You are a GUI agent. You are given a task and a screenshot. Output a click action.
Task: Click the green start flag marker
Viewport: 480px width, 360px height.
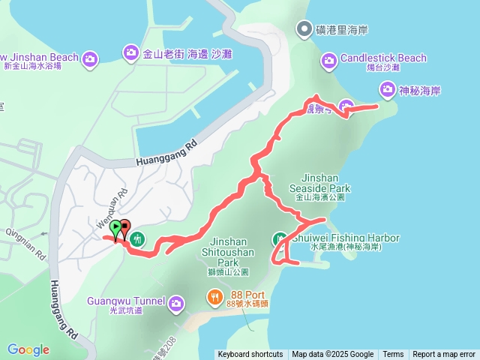(115, 227)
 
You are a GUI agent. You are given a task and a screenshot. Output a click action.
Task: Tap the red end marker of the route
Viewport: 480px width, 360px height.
(125, 225)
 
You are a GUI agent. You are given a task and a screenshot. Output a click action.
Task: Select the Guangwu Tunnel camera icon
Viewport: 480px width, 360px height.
(176, 303)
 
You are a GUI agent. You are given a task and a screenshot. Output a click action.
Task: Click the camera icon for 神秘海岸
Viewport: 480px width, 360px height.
(387, 91)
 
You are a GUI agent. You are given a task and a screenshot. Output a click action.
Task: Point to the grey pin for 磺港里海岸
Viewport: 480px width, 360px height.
(304, 30)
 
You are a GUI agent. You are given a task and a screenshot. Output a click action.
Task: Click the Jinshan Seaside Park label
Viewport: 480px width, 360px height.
(320, 184)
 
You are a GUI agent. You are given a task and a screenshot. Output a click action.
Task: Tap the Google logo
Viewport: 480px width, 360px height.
(28, 349)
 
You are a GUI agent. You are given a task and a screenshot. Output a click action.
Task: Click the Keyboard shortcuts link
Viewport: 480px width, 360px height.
(250, 355)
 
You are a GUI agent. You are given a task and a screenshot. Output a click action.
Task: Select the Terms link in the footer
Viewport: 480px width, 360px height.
(393, 355)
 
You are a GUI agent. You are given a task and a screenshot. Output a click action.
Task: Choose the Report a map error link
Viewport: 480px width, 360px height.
(444, 355)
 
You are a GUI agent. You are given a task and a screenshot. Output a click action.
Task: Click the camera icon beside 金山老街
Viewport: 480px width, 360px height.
(130, 52)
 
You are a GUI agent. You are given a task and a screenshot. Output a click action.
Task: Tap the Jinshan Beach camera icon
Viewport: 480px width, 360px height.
(90, 58)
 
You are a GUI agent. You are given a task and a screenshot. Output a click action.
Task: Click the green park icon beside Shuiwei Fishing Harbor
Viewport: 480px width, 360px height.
(279, 239)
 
